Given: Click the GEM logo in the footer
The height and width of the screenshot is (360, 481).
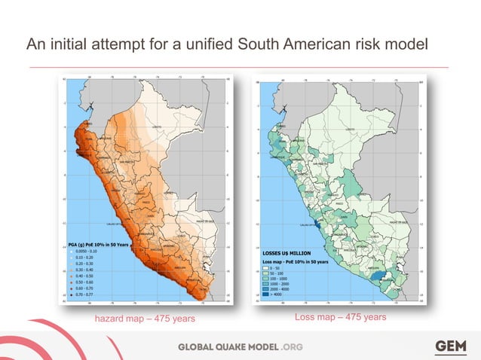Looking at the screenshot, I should tap(451, 346).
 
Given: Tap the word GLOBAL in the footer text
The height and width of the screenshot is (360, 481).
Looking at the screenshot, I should tap(201, 346).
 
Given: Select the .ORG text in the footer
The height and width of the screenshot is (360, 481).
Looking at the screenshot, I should tap(291, 346).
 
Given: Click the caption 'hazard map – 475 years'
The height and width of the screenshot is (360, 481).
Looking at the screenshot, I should tap(144, 319).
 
